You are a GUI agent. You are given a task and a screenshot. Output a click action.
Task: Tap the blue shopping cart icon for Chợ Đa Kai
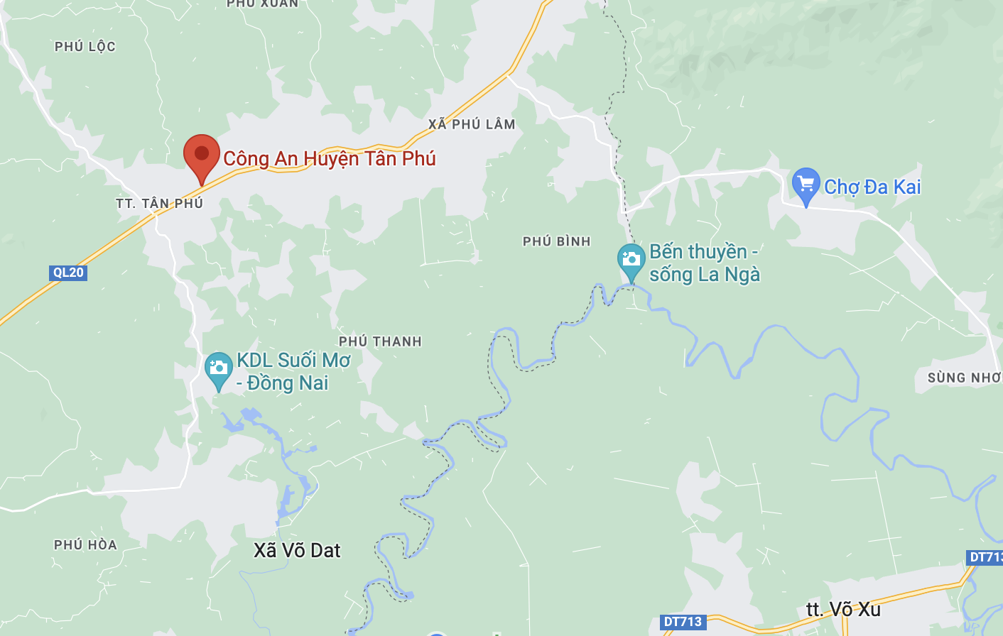pyautogui.click(x=806, y=185)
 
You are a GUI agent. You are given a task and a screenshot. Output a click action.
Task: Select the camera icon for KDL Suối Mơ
pyautogui.click(x=219, y=368)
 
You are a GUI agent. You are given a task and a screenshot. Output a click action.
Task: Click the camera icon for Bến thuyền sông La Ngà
pyautogui.click(x=631, y=260)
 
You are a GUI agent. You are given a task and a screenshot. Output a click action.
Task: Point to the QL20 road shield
pyautogui.click(x=69, y=273)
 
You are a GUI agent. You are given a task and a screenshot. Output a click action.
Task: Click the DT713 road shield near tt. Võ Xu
pyautogui.click(x=683, y=622)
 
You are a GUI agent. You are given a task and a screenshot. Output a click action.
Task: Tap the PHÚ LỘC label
pyautogui.click(x=85, y=47)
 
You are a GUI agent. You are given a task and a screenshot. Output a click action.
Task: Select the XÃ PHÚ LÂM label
pyautogui.click(x=472, y=124)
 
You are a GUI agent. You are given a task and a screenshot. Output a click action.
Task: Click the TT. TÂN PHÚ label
pyautogui.click(x=160, y=204)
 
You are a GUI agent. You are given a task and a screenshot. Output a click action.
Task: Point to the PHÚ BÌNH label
pyautogui.click(x=557, y=241)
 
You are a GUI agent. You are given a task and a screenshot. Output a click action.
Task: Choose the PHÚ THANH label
pyautogui.click(x=380, y=341)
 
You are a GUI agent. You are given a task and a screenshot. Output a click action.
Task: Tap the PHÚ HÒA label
pyautogui.click(x=85, y=545)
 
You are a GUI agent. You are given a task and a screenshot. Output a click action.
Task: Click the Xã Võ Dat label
pyautogui.click(x=297, y=551)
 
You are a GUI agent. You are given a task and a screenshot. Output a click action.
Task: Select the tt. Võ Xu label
pyautogui.click(x=843, y=610)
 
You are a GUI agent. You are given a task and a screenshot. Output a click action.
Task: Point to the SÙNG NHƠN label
pyautogui.click(x=964, y=378)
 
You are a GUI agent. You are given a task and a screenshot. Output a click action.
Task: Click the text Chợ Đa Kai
pyautogui.click(x=872, y=187)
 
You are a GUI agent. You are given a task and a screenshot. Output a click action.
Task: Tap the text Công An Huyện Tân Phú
pyautogui.click(x=330, y=158)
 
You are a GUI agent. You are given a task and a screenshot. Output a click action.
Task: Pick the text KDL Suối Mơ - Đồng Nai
pyautogui.click(x=293, y=371)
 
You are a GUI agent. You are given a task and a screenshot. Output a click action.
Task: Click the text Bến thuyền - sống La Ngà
pyautogui.click(x=705, y=263)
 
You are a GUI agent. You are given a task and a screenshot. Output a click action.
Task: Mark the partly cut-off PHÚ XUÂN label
pyautogui.click(x=263, y=4)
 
